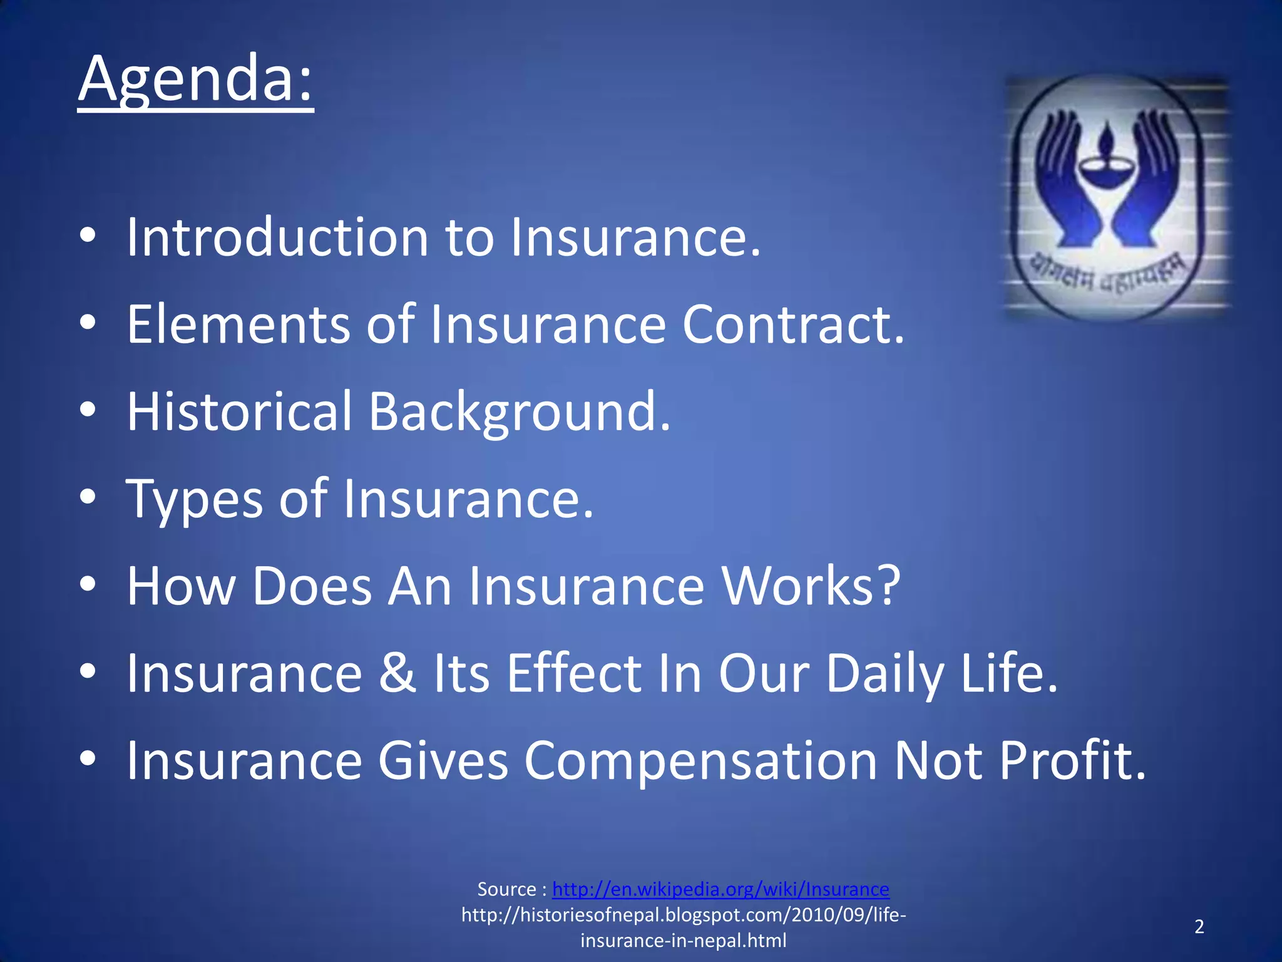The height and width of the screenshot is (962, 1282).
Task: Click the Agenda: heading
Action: tap(195, 80)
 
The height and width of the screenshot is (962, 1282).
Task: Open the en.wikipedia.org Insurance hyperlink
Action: tap(720, 889)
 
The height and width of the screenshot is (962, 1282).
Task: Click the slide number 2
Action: tap(1199, 926)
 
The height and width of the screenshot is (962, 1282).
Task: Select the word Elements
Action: tap(238, 324)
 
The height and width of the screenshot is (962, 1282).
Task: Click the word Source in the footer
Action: tap(506, 889)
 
